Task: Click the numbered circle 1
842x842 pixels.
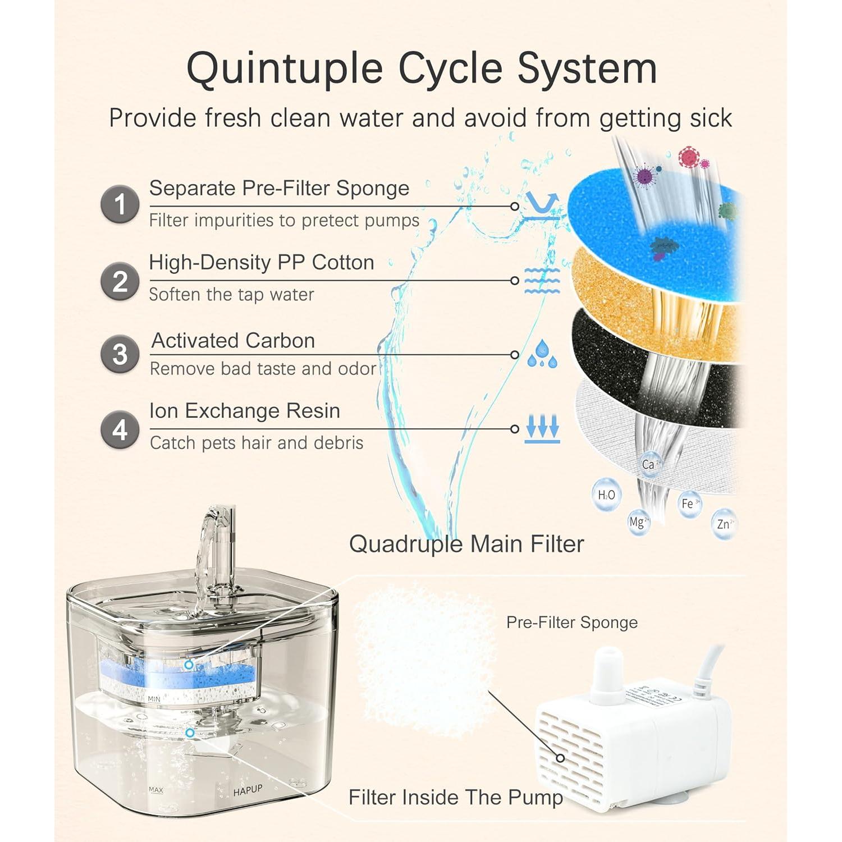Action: pyautogui.click(x=120, y=204)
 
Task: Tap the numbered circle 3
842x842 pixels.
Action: pyautogui.click(x=120, y=355)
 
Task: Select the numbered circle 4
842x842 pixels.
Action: pyautogui.click(x=120, y=430)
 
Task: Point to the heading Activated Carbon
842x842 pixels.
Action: pyautogui.click(x=233, y=341)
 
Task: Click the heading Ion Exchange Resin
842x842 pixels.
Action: pyautogui.click(x=244, y=411)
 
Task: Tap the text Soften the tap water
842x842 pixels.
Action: pyautogui.click(x=231, y=295)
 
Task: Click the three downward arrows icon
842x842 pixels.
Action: pyautogui.click(x=542, y=429)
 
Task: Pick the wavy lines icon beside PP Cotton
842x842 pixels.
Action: pyautogui.click(x=542, y=281)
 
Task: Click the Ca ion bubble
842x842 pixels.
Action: pyautogui.click(x=651, y=465)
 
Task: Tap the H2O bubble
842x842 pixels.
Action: pyautogui.click(x=607, y=495)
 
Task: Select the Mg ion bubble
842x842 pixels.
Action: pyautogui.click(x=638, y=523)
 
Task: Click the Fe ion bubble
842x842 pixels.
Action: pyautogui.click(x=689, y=504)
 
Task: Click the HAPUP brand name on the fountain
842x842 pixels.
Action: pyautogui.click(x=248, y=790)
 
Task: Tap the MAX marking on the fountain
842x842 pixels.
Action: pyautogui.click(x=156, y=790)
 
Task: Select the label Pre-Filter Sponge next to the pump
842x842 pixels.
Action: pyautogui.click(x=571, y=623)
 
